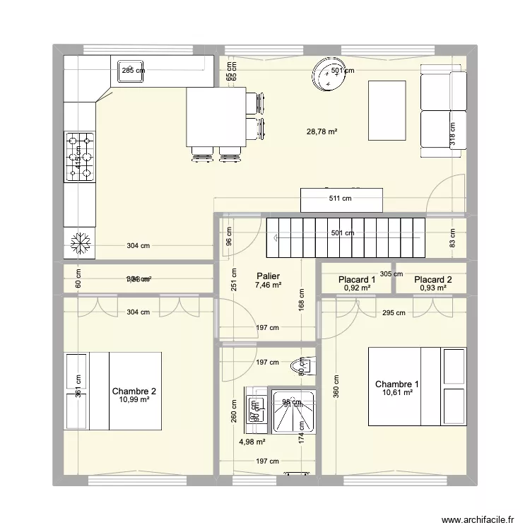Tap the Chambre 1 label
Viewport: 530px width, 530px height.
pyautogui.click(x=396, y=384)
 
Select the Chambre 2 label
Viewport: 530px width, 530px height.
pyautogui.click(x=134, y=391)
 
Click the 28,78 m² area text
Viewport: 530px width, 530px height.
pyautogui.click(x=322, y=131)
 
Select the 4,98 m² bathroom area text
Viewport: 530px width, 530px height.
pyautogui.click(x=252, y=442)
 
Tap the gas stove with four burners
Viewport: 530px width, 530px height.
pyautogui.click(x=80, y=157)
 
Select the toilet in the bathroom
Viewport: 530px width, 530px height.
pyautogui.click(x=301, y=367)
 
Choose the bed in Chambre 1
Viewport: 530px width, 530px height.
pyautogui.click(x=417, y=387)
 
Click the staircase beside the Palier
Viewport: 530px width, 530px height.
pyautogui.click(x=346, y=238)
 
